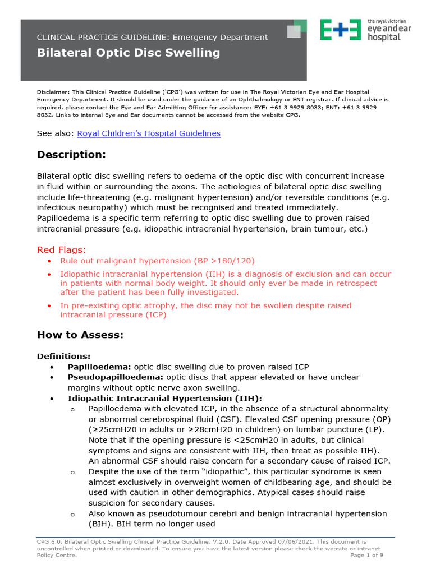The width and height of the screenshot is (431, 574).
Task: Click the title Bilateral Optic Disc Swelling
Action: click(129, 53)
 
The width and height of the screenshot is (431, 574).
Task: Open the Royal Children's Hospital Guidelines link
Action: click(148, 133)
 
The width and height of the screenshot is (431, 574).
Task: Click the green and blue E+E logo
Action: click(340, 29)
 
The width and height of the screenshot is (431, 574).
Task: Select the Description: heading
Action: click(71, 155)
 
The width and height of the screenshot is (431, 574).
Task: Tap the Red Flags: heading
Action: click(62, 249)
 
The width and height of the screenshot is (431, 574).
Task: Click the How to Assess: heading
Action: click(80, 335)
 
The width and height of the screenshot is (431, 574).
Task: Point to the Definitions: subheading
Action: click(63, 357)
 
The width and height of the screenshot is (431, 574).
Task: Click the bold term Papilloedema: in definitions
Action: click(100, 367)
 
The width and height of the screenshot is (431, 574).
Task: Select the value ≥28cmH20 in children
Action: click(181, 430)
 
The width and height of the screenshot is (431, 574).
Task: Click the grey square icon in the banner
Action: click(294, 32)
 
